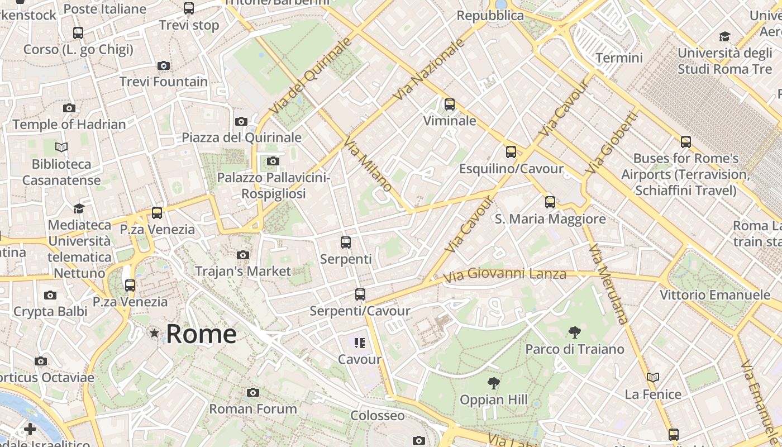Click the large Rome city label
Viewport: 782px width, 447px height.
[201, 334]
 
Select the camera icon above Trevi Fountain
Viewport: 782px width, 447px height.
[164, 66]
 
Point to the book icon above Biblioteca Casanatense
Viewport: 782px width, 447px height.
[61, 148]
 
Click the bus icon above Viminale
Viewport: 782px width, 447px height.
[450, 104]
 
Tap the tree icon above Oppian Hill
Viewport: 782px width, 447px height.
[493, 383]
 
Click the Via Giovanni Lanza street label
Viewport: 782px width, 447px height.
[504, 274]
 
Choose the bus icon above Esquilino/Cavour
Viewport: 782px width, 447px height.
[511, 152]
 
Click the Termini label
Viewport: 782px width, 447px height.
[619, 58]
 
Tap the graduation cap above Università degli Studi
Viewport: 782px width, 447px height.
[724, 37]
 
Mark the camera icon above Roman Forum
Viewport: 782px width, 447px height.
[253, 393]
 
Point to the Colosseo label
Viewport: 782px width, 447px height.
[377, 416]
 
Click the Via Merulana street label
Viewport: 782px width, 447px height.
[608, 283]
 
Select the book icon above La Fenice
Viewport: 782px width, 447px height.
[653, 378]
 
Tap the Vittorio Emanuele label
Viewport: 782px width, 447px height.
[714, 294]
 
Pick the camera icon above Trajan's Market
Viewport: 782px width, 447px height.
[243, 255]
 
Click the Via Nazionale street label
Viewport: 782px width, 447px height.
[429, 70]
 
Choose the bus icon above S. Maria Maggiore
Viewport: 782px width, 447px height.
[550, 202]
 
